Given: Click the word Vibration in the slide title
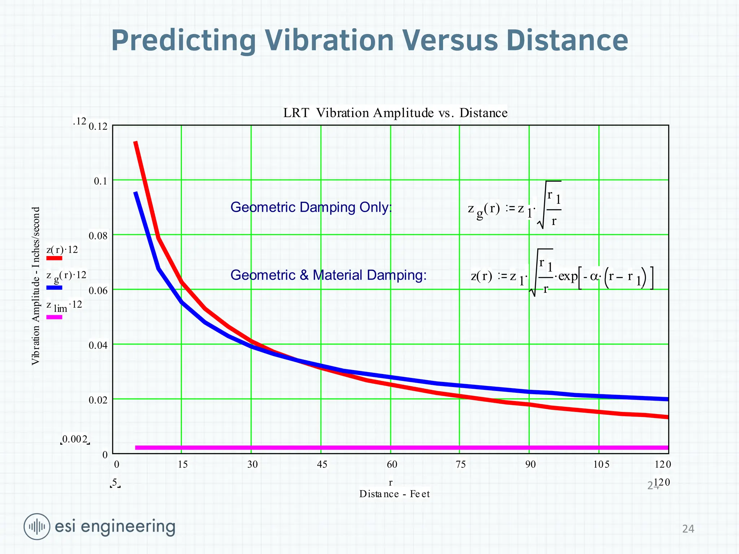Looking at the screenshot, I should tap(329, 40).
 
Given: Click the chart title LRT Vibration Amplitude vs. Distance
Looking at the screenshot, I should tap(395, 113).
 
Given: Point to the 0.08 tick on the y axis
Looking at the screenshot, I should tap(98, 236).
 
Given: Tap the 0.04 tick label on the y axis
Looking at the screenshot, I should tap(98, 346).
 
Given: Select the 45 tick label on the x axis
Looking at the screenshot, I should tap(322, 465).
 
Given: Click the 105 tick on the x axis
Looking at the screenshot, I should tap(601, 465).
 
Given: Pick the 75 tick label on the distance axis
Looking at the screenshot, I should tap(461, 465).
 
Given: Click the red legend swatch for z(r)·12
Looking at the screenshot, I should tap(54, 258).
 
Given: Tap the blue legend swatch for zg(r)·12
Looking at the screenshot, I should tap(54, 288).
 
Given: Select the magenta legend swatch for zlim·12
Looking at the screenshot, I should tap(54, 317).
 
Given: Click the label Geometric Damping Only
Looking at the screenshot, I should tap(311, 207).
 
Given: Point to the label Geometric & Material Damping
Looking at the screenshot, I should tap(328, 275).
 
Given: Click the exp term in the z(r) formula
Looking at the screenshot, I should tap(568, 276).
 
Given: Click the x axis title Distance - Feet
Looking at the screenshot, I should tap(394, 494).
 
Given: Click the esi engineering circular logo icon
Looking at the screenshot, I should tap(37, 527).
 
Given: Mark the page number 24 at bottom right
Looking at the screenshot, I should tap(688, 529).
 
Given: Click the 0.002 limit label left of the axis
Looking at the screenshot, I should tap(75, 439).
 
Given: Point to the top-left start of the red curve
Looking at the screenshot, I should tap(136, 142).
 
